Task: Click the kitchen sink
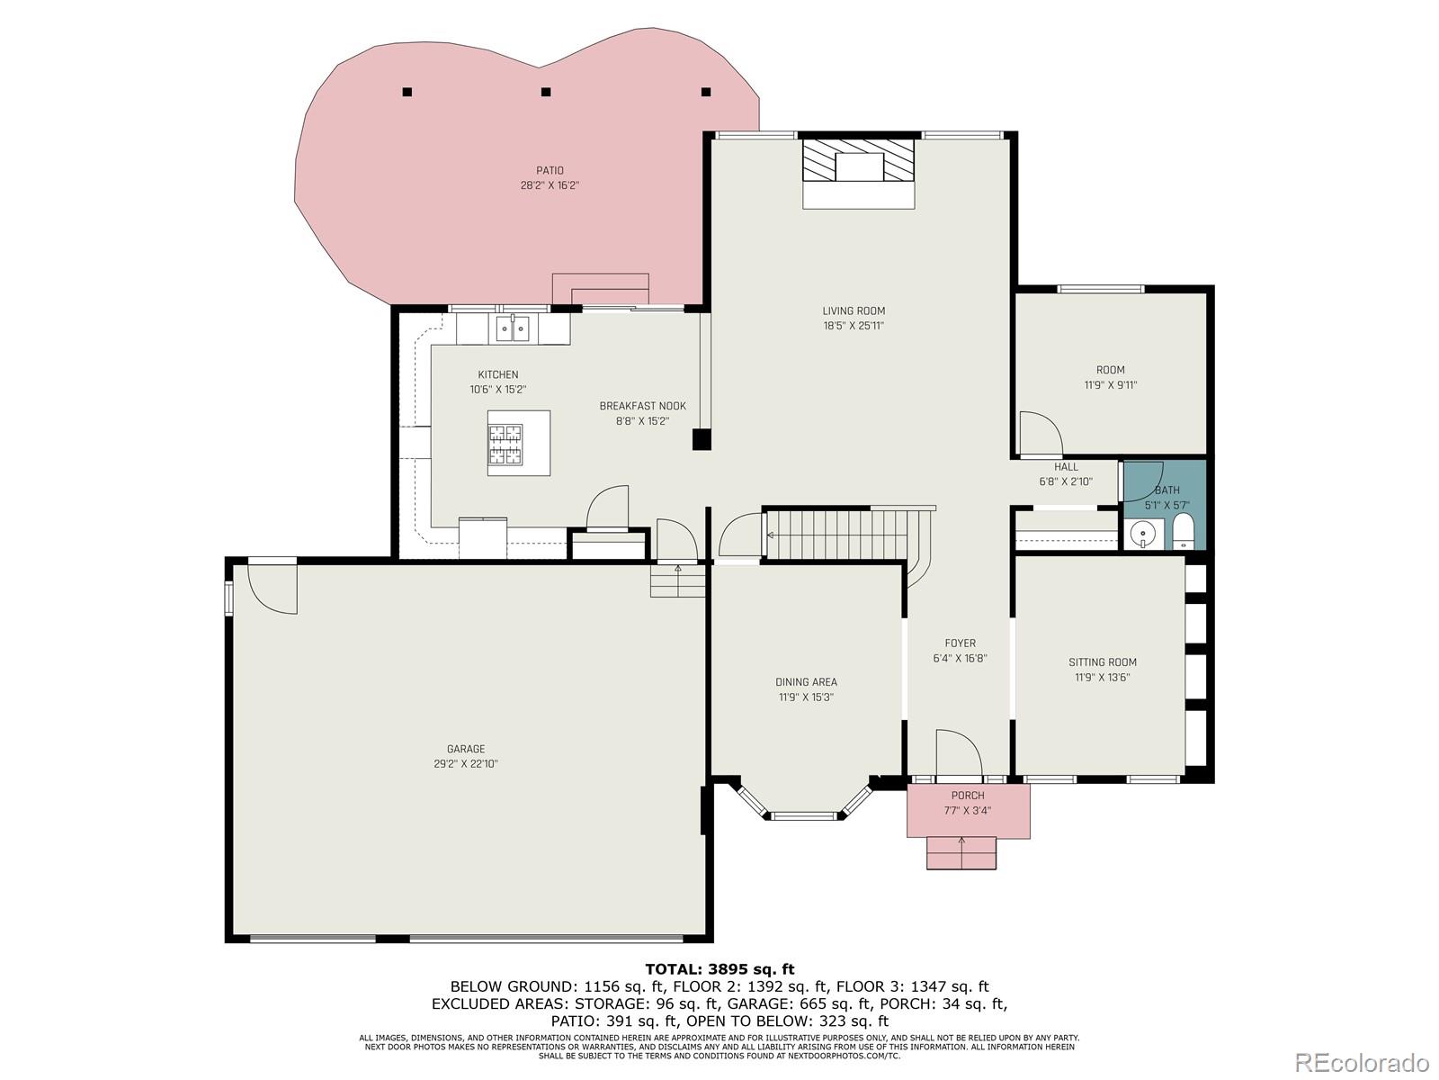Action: [x=513, y=328]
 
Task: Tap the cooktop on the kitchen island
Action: [x=505, y=444]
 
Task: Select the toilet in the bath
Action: [x=1184, y=532]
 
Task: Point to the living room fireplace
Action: [x=859, y=159]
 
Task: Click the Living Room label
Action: [x=854, y=310]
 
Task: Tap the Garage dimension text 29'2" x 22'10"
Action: [x=466, y=763]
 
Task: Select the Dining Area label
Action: [x=806, y=682]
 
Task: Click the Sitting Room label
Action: [x=1103, y=662]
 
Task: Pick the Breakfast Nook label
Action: [x=642, y=406]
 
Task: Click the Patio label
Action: [x=550, y=170]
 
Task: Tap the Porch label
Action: [x=968, y=796]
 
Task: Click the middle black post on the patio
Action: [x=545, y=92]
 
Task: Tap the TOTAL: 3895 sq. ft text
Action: [x=719, y=969]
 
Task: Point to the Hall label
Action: [x=1066, y=467]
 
